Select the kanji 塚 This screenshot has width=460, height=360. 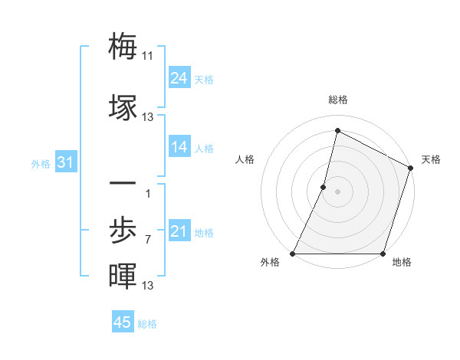tap(123, 107)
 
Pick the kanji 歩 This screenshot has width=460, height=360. tap(123, 231)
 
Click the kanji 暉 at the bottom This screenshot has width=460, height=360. tap(123, 276)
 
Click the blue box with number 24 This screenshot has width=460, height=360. tap(179, 78)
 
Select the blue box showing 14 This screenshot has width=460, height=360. tap(179, 147)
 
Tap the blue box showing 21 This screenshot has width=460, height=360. tap(179, 231)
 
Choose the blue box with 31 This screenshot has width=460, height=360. tap(66, 162)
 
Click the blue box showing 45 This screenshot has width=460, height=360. tap(123, 322)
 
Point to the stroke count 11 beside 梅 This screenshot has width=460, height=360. tap(148, 56)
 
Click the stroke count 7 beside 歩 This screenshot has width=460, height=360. tap(148, 240)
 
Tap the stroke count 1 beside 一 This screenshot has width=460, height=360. tap(148, 193)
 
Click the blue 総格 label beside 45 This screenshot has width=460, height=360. tap(147, 324)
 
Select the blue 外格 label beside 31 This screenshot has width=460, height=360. tap(41, 164)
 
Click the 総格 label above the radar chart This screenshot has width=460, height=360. tap(338, 100)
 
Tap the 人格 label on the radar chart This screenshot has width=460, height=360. tap(245, 159)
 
